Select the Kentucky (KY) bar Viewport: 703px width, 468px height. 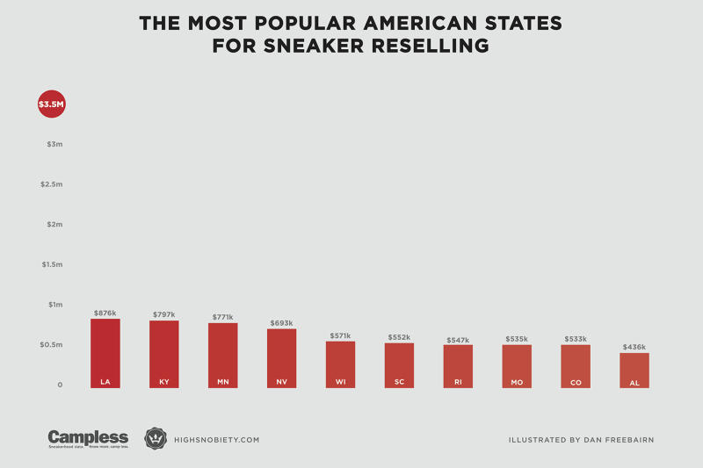(x=164, y=354)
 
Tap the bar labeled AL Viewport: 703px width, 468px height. (x=634, y=370)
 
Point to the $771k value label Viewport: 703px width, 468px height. (x=223, y=317)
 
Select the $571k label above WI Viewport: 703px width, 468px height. (x=341, y=335)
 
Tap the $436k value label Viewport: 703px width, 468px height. (x=634, y=348)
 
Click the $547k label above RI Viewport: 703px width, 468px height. (x=458, y=340)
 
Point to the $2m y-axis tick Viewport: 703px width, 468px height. (x=54, y=224)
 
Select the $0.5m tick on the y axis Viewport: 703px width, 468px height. (x=53, y=345)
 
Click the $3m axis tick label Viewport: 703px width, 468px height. (x=54, y=144)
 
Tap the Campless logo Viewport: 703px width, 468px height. (x=88, y=438)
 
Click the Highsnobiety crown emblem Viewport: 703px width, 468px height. (x=156, y=438)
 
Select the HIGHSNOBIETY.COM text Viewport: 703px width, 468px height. (x=215, y=439)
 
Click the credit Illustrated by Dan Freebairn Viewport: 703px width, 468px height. (x=581, y=439)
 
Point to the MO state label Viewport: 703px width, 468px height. (x=517, y=382)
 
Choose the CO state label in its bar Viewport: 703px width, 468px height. (x=576, y=382)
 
